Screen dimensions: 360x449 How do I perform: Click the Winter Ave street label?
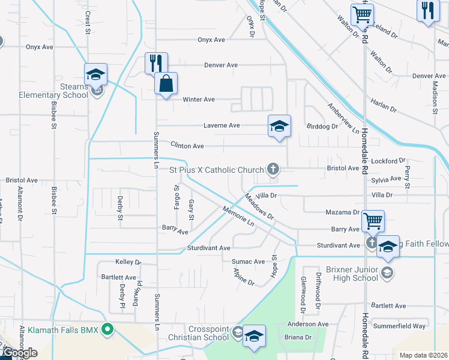coord(199,100)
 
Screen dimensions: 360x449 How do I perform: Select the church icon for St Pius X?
coord(273,170)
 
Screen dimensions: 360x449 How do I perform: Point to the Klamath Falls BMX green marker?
coord(108,329)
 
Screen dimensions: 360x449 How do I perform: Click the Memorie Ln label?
coord(238,216)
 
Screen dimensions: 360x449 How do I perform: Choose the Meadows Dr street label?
coord(259,208)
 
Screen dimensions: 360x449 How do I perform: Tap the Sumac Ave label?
coord(249,262)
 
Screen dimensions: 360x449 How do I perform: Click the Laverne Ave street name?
coord(221,125)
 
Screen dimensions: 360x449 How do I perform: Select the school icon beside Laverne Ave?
coord(279,126)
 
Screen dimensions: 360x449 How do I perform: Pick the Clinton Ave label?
coord(187,146)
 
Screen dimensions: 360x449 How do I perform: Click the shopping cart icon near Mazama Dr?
coord(373,221)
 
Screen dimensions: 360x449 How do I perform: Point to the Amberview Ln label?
coord(343,118)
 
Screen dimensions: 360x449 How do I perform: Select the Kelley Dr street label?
coord(127,262)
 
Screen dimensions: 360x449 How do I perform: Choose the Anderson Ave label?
coord(308,324)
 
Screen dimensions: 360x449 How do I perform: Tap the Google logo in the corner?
coord(19,353)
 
